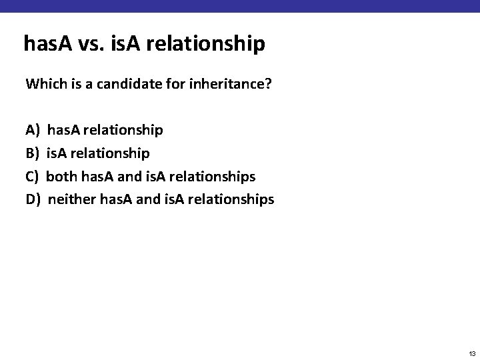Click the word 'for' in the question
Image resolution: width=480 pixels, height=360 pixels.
click(x=161, y=85)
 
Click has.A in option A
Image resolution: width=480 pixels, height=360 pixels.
click(x=64, y=129)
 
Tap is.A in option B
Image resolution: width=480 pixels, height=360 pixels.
click(x=58, y=153)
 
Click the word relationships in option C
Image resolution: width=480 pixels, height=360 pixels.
click(x=213, y=176)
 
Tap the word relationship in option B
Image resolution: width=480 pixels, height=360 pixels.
click(x=111, y=153)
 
